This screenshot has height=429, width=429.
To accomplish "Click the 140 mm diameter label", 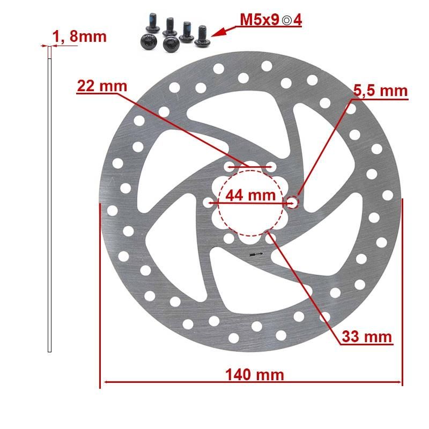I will click(251, 374).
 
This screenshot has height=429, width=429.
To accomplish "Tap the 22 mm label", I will click(102, 86).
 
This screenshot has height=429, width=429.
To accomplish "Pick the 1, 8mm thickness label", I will click(79, 36).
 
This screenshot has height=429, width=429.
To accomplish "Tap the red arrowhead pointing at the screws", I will click(216, 33).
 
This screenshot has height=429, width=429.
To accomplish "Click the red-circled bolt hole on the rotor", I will click(292, 202).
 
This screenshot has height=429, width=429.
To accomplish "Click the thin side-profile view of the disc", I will click(50, 204).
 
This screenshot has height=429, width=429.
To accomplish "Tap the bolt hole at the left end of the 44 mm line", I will click(209, 203).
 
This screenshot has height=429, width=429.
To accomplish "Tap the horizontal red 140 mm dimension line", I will click(161, 382).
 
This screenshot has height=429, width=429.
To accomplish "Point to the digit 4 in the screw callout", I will click(297, 20).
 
